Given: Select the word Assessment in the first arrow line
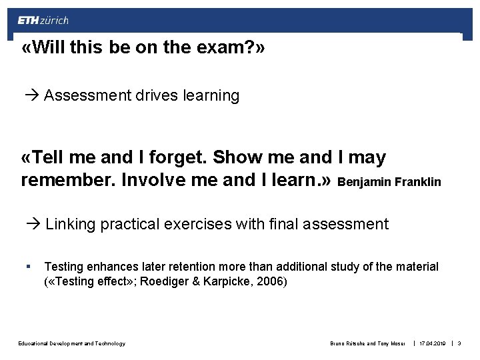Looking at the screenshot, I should coord(86,96).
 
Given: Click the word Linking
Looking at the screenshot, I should coord(71,224).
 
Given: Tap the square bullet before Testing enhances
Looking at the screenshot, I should coord(27,267).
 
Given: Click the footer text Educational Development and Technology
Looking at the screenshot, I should coord(71,343).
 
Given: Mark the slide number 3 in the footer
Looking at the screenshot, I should coord(460,343).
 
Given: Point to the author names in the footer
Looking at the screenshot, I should coord(369,343).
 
